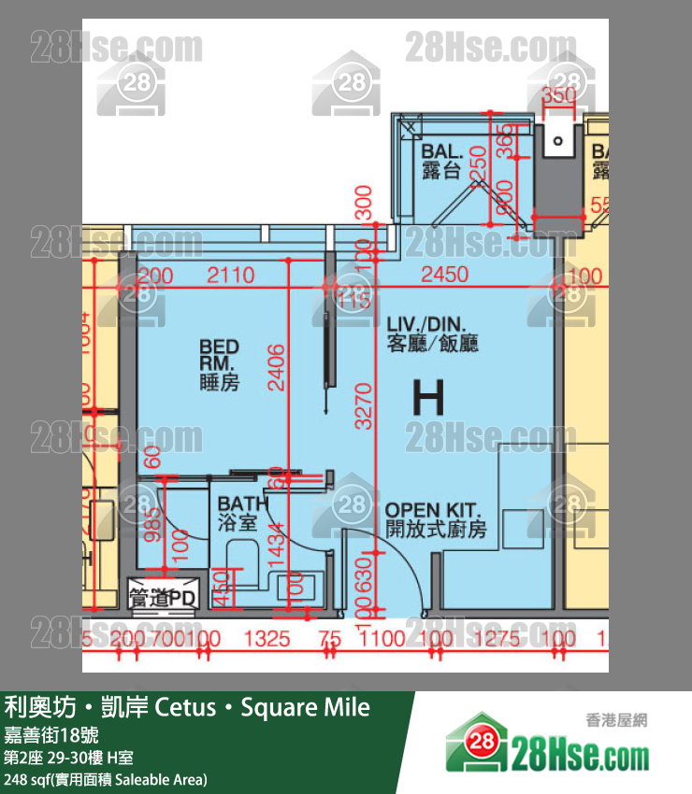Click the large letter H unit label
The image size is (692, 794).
(428, 400)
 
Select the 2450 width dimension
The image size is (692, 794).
(445, 276)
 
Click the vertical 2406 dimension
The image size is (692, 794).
(275, 366)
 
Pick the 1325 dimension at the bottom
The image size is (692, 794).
(267, 640)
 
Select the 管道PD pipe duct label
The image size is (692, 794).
(164, 596)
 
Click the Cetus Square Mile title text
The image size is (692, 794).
(187, 707)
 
